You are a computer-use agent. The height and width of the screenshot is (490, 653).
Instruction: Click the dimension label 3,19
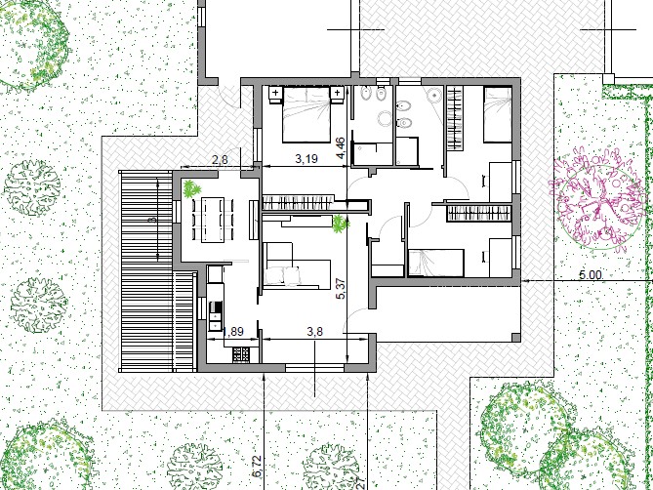coord(307,157)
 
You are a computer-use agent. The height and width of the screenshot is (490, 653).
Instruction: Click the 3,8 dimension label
coord(314,331)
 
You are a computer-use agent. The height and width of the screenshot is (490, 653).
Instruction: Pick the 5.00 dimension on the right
coord(590,275)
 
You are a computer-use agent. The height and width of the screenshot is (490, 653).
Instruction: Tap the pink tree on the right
coord(592,196)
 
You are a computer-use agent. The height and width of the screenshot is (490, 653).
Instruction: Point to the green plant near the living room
coord(340,225)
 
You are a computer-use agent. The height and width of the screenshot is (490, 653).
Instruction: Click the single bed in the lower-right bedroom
coord(435,262)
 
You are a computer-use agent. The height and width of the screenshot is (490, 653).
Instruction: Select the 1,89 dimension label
coord(234,332)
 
